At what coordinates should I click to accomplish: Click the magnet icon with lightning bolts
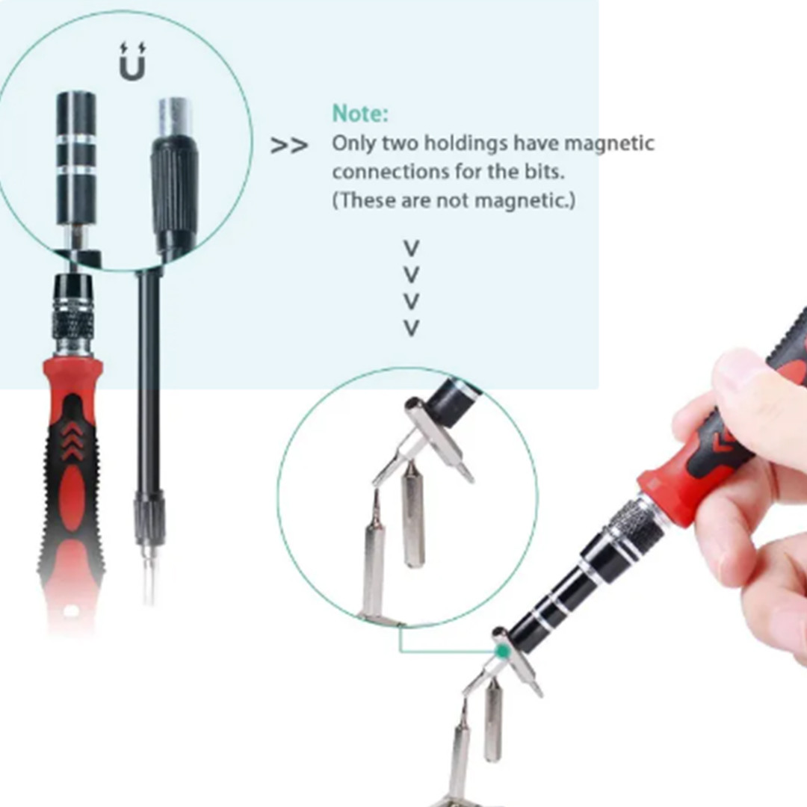[132, 61]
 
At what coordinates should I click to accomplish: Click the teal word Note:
[359, 114]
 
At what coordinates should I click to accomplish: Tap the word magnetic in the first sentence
[609, 143]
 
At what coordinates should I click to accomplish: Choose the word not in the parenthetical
[451, 200]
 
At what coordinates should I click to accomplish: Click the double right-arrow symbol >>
[289, 146]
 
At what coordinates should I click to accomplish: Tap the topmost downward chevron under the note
[411, 248]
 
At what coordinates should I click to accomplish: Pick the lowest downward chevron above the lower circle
[411, 328]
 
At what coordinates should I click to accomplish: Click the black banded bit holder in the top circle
[76, 158]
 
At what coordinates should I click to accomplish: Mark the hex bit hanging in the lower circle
[412, 515]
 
